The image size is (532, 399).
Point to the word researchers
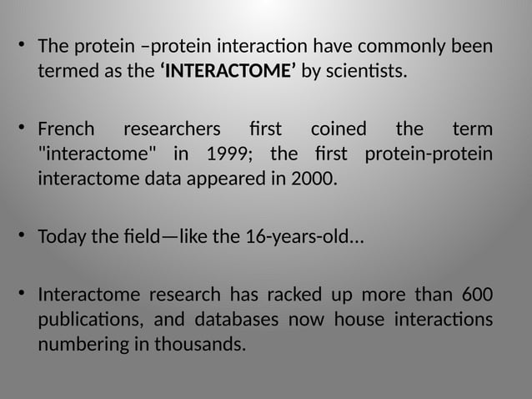point(172,130)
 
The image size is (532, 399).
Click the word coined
point(338,130)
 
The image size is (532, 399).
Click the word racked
point(295,295)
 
